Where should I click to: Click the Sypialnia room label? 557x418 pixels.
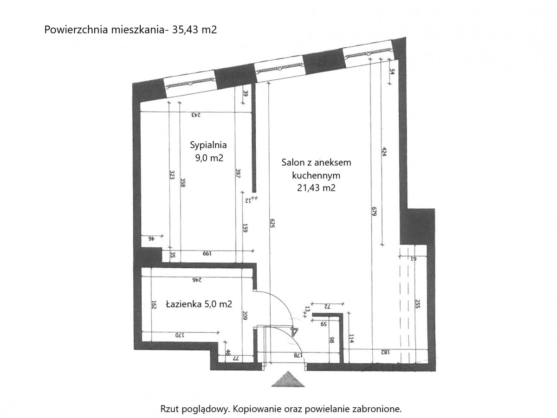point(208,145)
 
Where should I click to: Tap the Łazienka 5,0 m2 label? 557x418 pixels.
point(199,304)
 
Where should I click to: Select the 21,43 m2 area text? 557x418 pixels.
point(316,188)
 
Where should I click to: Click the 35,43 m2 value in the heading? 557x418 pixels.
point(194,30)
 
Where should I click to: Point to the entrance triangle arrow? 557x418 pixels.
point(288,379)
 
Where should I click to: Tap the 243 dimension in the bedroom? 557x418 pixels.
point(196,115)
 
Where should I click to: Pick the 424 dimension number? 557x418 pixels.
point(384,152)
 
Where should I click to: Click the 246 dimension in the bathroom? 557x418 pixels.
point(197,280)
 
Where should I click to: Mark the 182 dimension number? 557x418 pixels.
point(385,352)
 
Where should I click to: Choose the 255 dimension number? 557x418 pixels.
point(418,303)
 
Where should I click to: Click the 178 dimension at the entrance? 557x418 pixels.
point(298,355)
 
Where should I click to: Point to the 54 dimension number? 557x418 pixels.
point(392,72)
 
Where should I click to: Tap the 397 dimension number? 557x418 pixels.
point(238,173)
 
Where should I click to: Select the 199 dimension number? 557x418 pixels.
point(207,253)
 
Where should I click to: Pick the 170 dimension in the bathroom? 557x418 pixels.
point(178,335)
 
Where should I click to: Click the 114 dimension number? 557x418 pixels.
point(351,339)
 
